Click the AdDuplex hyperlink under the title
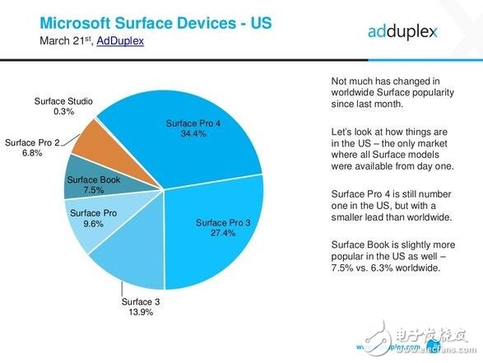pyautogui.click(x=120, y=40)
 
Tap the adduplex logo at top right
pyautogui.click(x=403, y=31)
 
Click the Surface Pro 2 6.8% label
pyautogui.click(x=32, y=147)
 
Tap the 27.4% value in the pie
pyautogui.click(x=223, y=235)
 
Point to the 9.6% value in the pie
pyautogui.click(x=92, y=224)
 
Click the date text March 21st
pyautogui.click(x=66, y=40)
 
